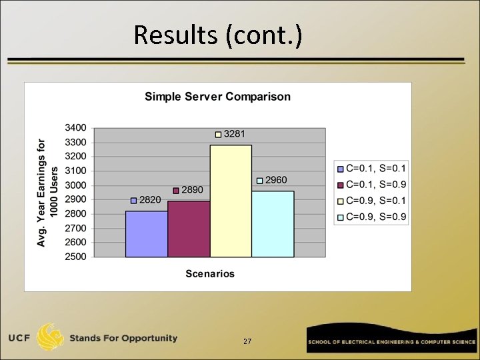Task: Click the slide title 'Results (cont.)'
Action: pos(217,35)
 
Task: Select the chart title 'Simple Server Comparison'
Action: pos(217,97)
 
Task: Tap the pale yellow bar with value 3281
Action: pos(231,200)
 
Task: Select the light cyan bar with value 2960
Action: pos(273,223)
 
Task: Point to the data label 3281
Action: pos(233,134)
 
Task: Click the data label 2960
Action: pos(276,180)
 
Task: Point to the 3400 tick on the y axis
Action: pos(75,127)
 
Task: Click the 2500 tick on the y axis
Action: pos(75,257)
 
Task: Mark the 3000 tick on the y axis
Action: pos(75,185)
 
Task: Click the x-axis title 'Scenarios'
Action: pos(210,273)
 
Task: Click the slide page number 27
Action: pos(247,341)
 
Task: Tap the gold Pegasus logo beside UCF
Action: pos(51,337)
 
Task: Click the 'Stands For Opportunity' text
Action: pos(123,338)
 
